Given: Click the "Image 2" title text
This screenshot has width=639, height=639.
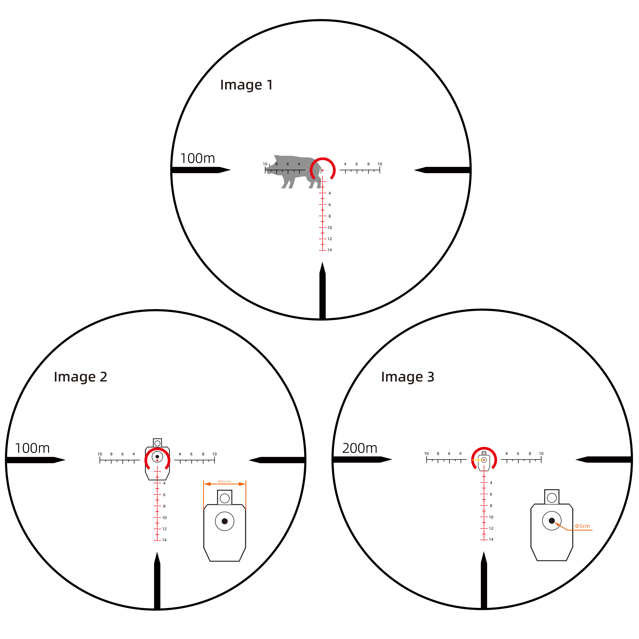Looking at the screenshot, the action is [x=80, y=377].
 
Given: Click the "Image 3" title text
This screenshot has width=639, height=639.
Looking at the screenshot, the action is [x=407, y=377].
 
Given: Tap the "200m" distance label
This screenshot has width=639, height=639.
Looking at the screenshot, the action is [x=360, y=448].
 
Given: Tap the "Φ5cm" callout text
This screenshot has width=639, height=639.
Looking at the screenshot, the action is [x=582, y=526].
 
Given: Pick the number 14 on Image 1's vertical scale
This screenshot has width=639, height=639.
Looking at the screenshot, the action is [x=330, y=250].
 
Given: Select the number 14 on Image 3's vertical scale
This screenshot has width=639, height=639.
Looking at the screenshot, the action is [x=491, y=539].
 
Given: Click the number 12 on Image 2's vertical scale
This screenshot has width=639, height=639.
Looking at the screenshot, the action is [x=164, y=529].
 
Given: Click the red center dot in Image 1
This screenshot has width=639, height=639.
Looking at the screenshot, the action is [x=322, y=170].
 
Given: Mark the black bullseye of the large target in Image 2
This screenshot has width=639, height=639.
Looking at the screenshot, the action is [x=225, y=521].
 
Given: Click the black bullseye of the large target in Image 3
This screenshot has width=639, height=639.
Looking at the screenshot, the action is [x=552, y=521].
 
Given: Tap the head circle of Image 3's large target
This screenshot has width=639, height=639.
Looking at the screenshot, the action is [x=552, y=498].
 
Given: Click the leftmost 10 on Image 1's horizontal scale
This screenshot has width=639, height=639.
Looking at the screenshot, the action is [x=265, y=164].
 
